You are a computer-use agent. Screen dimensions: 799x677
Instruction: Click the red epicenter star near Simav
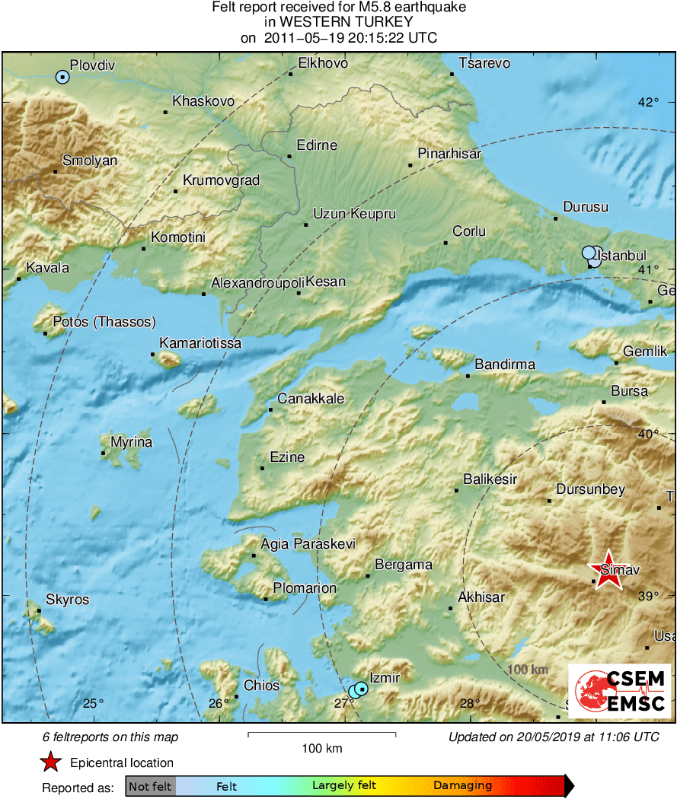coord(607,571)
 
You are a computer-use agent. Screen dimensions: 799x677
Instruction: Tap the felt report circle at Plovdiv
coord(62,76)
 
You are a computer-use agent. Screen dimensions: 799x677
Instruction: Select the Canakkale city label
coord(310,399)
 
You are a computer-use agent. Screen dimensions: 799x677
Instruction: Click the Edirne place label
coord(316,145)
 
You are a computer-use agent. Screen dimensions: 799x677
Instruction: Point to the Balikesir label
coord(490,479)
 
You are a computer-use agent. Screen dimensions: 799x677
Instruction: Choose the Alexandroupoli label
coord(257,282)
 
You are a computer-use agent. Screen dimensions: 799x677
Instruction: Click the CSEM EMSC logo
coord(619,691)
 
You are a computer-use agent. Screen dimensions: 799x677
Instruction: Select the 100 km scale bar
coord(321,734)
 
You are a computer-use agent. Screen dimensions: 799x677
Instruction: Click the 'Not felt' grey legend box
coord(150,786)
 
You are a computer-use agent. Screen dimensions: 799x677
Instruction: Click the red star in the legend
coord(50,762)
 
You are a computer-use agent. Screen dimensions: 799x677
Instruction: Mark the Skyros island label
coord(67,600)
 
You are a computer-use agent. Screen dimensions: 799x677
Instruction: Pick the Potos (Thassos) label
coord(104,322)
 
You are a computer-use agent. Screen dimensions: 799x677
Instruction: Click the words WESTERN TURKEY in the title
coord(339,23)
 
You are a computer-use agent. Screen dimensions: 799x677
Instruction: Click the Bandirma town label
coord(505,364)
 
